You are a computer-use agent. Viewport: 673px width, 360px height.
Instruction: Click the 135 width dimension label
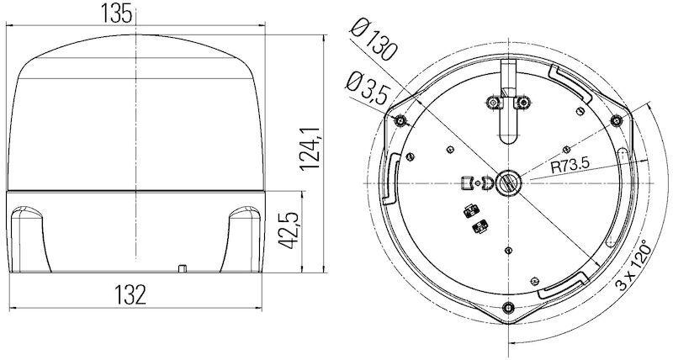coord(116,13)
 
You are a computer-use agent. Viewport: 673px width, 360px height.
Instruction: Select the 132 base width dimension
coord(130,294)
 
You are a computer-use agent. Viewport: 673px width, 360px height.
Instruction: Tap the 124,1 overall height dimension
coord(310,149)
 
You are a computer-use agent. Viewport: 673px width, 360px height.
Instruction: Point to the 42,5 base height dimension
coord(289,230)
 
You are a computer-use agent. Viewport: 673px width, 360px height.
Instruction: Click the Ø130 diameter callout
coord(372,40)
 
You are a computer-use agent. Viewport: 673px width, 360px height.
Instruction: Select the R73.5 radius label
coord(570,166)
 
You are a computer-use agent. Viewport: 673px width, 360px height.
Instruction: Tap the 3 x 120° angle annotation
coord(633,266)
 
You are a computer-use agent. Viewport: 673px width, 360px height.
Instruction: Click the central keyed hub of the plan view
coord(508,183)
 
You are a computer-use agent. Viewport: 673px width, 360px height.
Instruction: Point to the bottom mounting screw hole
coord(509,307)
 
